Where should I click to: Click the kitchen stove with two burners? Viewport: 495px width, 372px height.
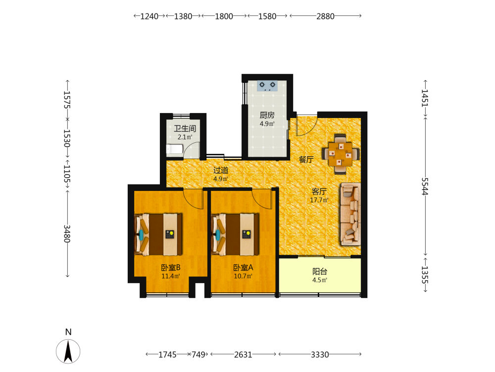point(267,86)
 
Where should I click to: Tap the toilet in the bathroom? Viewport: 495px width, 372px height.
point(175,149)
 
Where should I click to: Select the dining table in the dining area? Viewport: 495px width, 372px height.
point(341,154)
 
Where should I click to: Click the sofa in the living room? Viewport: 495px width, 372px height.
point(350,214)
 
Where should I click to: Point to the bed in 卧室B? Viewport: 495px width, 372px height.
point(158,235)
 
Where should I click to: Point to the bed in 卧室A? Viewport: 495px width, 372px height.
point(235,235)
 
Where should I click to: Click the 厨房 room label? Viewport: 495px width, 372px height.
point(267,115)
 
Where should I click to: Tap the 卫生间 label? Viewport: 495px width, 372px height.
point(185,128)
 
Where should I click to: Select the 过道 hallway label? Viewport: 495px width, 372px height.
point(221,170)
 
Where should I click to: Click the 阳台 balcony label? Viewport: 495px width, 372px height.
point(320,271)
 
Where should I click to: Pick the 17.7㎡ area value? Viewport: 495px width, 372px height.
point(319,200)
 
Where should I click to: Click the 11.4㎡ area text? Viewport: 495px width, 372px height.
point(171,276)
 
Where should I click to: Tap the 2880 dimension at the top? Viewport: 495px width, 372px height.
point(326,16)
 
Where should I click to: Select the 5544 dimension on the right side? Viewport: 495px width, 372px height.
point(425,186)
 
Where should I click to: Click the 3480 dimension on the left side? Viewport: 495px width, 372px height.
point(67,234)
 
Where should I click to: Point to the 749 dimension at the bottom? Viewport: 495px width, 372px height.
point(198,355)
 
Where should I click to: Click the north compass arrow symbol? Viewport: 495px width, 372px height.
point(68,351)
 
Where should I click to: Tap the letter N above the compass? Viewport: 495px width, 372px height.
point(68,332)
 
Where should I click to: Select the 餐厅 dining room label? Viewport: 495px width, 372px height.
point(306,159)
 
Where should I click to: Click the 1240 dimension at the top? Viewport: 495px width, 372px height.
point(149,16)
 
